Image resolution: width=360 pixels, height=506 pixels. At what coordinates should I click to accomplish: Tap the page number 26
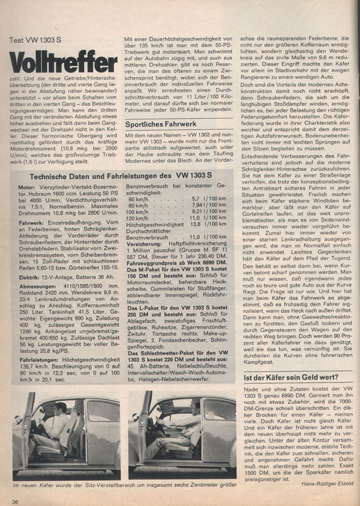click(16, 501)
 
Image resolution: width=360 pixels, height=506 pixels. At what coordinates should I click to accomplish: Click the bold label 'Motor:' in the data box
click(28, 188)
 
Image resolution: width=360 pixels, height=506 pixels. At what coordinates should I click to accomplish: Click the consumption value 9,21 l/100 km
click(209, 212)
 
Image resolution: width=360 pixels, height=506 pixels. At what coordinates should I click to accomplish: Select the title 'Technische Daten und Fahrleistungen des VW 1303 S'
click(123, 176)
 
